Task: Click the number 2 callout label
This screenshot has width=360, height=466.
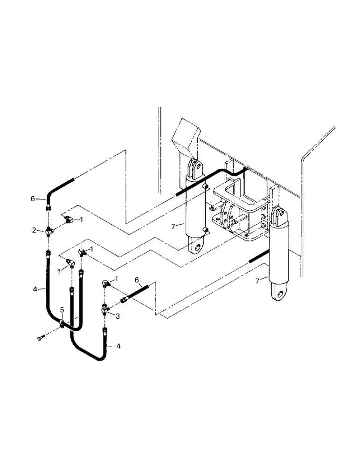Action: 34,230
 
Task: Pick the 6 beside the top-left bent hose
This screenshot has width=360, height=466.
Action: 33,199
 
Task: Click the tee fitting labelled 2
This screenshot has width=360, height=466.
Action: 49,230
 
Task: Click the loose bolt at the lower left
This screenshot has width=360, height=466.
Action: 40,337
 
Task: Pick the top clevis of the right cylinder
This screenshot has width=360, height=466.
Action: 278,215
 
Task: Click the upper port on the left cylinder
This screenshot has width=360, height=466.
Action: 205,186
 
